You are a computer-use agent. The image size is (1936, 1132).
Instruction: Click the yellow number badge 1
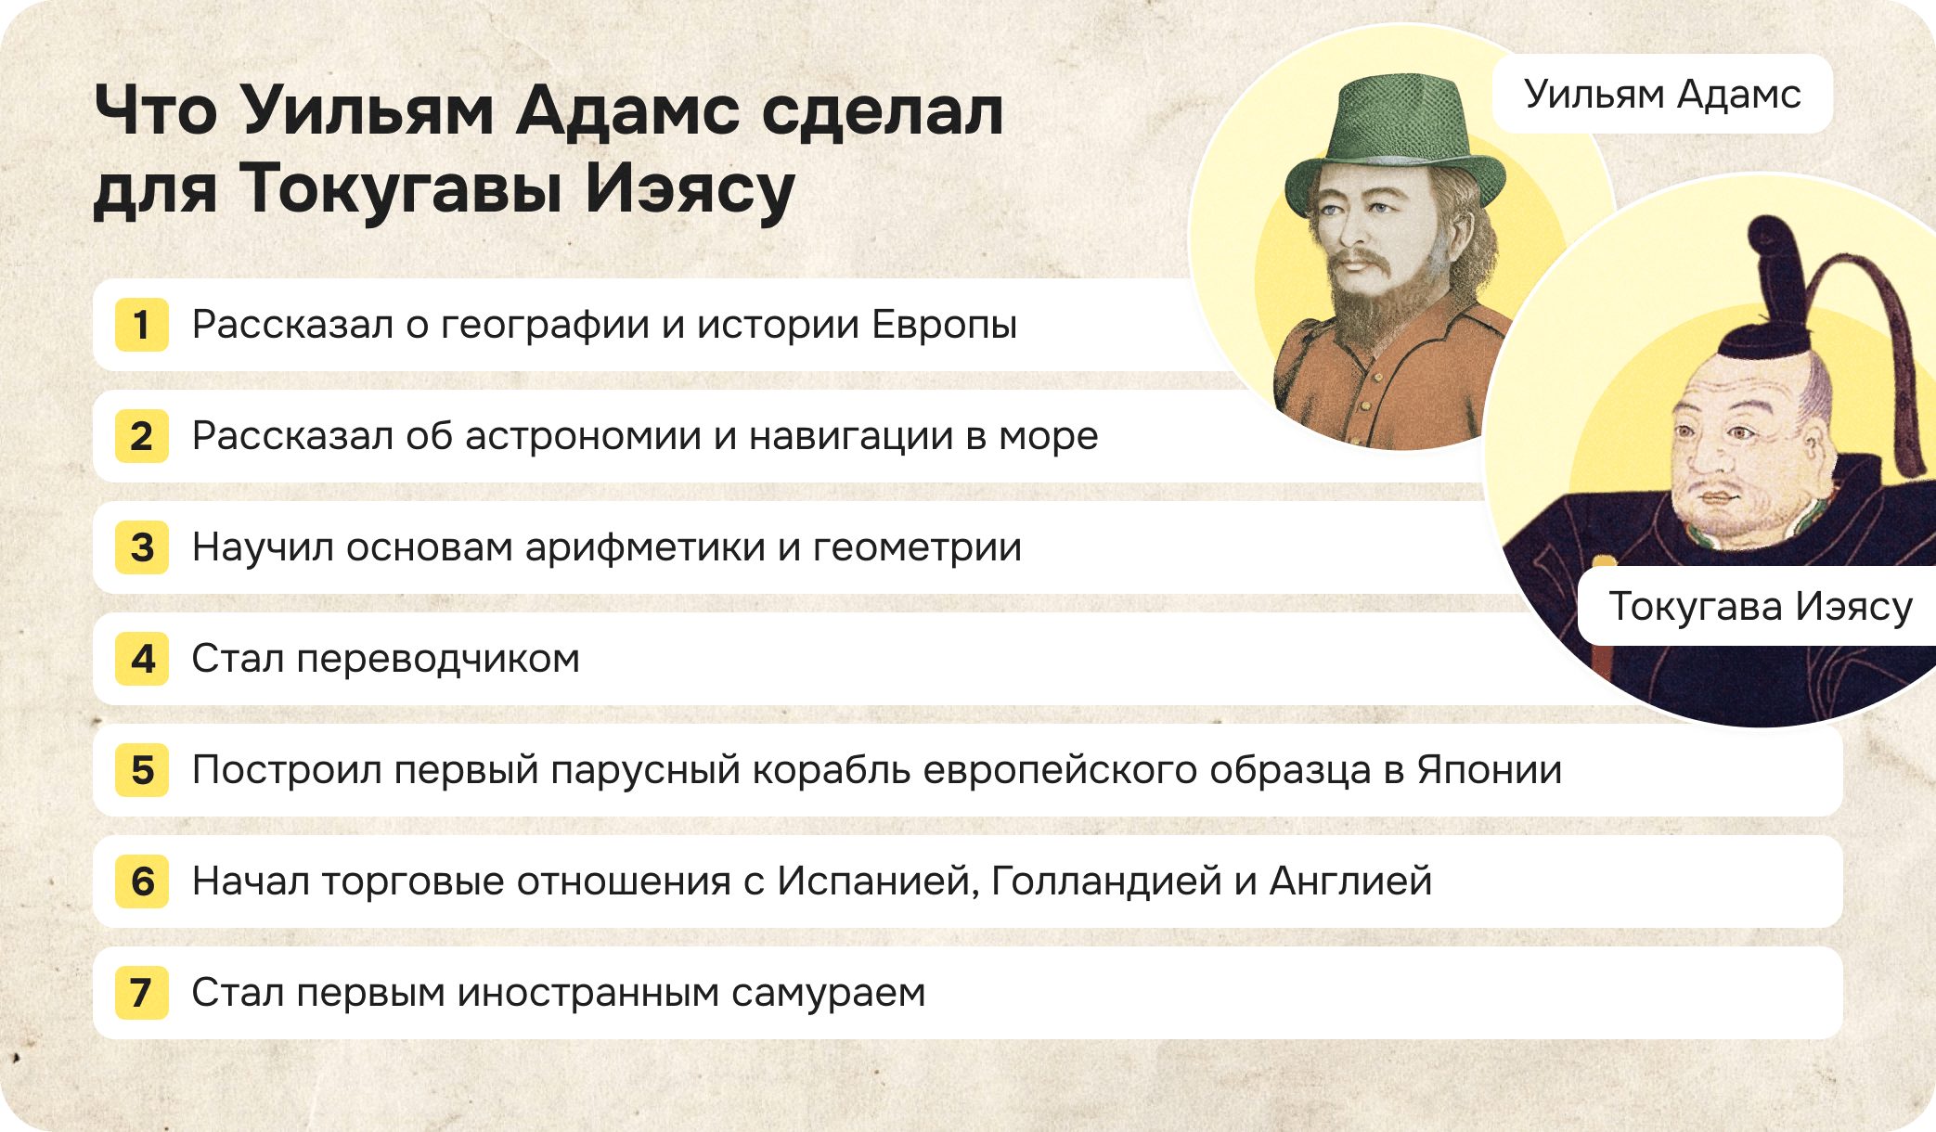[141, 325]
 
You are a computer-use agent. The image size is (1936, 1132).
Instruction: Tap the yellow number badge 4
[141, 659]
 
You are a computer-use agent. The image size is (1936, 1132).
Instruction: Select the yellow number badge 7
[141, 993]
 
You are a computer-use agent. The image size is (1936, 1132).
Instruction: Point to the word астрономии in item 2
[583, 436]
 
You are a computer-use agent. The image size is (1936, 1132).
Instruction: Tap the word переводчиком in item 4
[438, 659]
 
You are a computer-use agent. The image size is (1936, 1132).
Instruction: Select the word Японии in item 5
[1489, 770]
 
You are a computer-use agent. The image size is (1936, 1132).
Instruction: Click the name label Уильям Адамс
[1661, 94]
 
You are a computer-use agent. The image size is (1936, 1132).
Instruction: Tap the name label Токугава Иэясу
[1760, 606]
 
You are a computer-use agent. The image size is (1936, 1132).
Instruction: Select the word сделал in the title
[882, 111]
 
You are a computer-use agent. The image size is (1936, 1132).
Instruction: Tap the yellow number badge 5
[141, 770]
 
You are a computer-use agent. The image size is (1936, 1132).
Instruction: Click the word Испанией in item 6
[877, 881]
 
